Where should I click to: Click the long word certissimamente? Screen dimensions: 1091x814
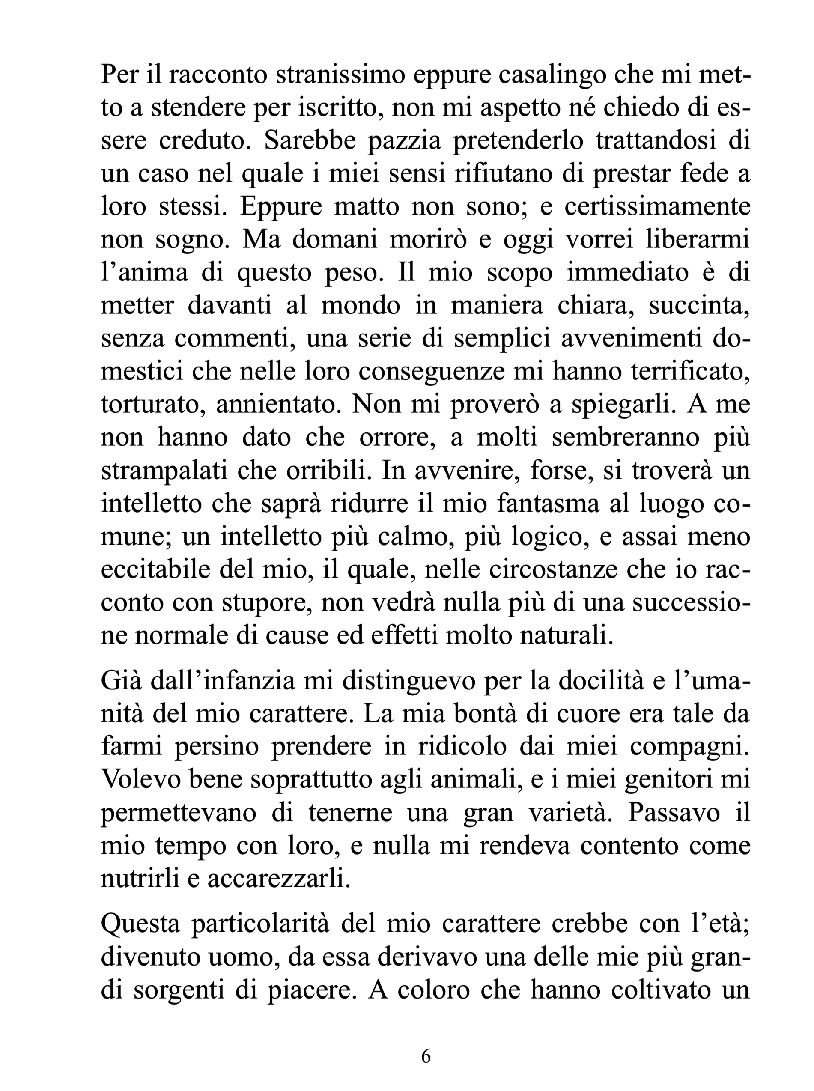[x=657, y=206]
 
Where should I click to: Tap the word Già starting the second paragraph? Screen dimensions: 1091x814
[x=121, y=682]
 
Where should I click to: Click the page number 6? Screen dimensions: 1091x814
[x=426, y=1056]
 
